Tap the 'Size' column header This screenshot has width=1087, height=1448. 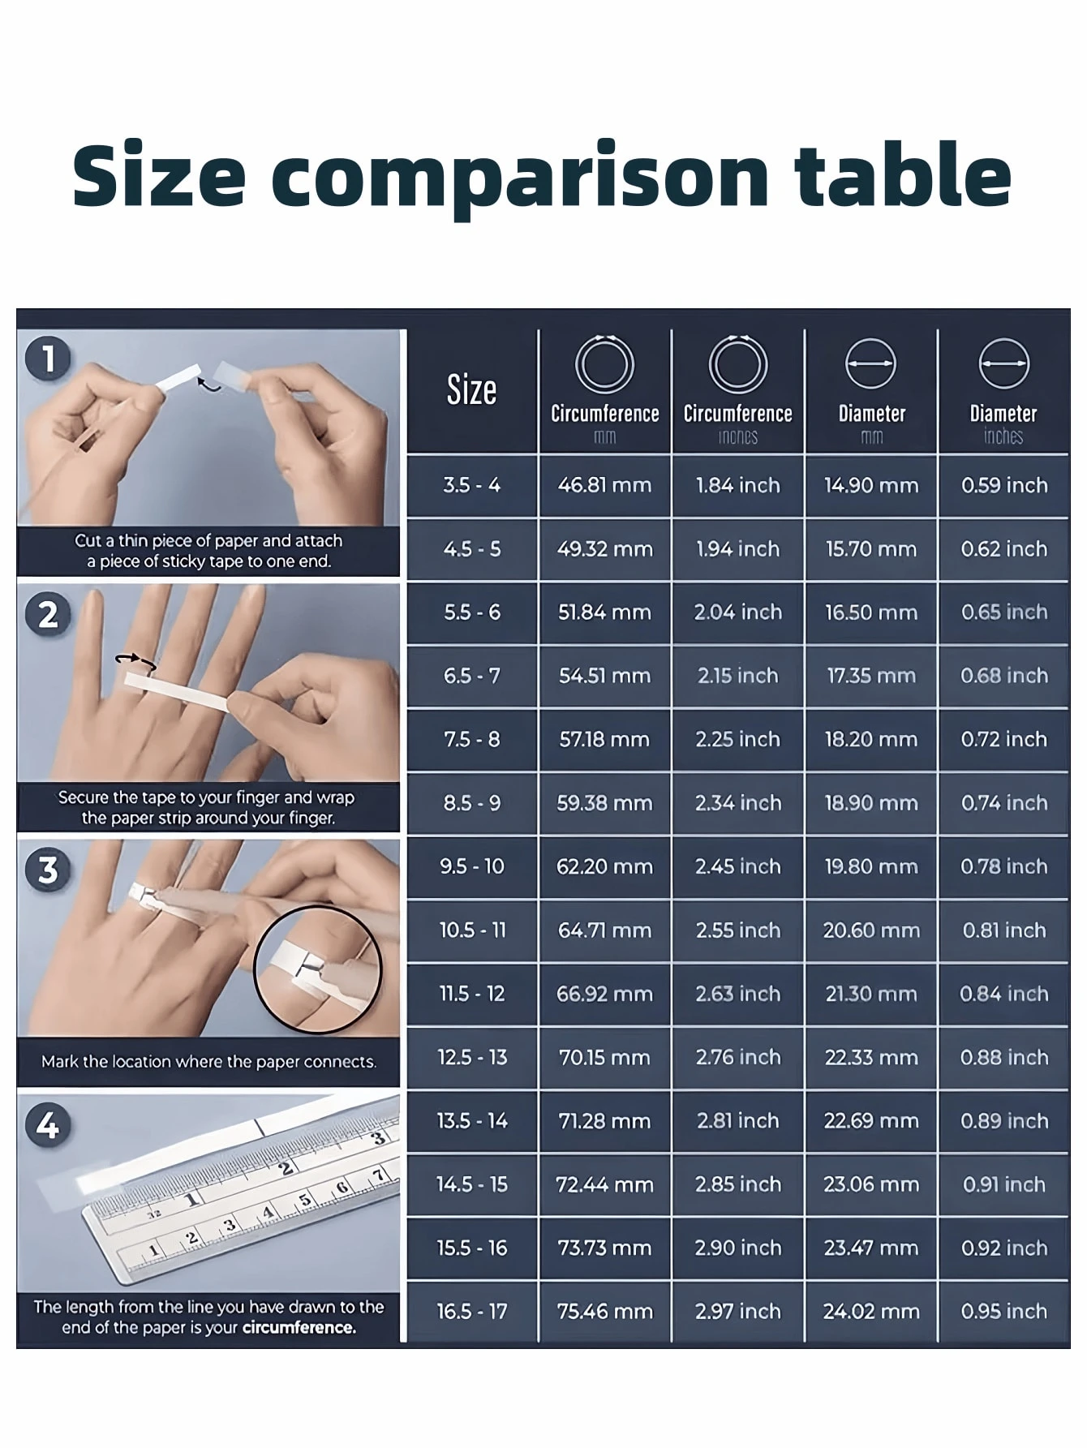click(x=472, y=390)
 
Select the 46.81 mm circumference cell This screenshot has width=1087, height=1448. click(x=604, y=485)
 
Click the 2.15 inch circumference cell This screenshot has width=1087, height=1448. click(x=738, y=676)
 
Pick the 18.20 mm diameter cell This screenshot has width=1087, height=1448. click(x=871, y=739)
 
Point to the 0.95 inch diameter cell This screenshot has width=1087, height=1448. click(x=1004, y=1312)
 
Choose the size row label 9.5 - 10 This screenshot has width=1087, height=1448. click(x=472, y=866)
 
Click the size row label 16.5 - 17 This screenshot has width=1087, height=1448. click(x=472, y=1312)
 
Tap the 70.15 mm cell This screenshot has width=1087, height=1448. click(x=604, y=1058)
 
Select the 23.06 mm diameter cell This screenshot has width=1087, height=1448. click(x=871, y=1184)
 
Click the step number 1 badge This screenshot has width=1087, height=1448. click(x=48, y=359)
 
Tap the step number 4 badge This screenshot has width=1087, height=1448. click(x=48, y=1126)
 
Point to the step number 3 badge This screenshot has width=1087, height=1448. click(x=48, y=870)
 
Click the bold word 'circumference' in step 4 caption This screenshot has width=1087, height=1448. click(x=299, y=1328)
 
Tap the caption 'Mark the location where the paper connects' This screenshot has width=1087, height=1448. click(x=209, y=1061)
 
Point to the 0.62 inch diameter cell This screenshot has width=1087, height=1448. click(x=1004, y=549)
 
